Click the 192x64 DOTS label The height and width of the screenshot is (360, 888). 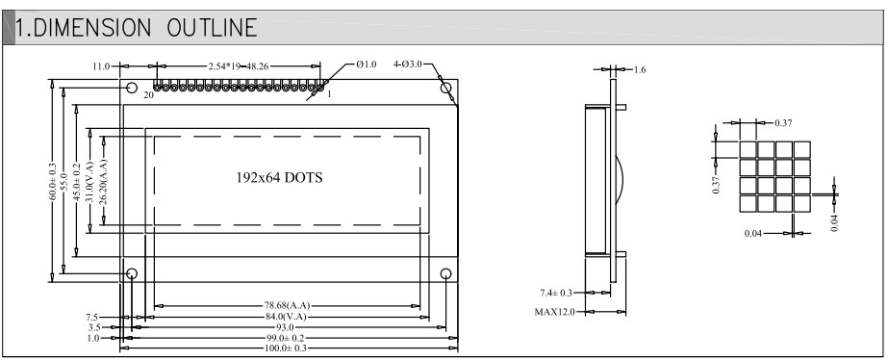(x=279, y=177)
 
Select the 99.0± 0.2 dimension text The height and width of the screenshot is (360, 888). (x=290, y=339)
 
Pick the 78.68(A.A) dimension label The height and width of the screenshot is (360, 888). (x=287, y=306)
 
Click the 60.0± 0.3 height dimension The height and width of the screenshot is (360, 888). (x=53, y=182)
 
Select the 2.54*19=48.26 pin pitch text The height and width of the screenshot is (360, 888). (x=239, y=66)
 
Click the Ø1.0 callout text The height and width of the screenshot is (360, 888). (x=367, y=64)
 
